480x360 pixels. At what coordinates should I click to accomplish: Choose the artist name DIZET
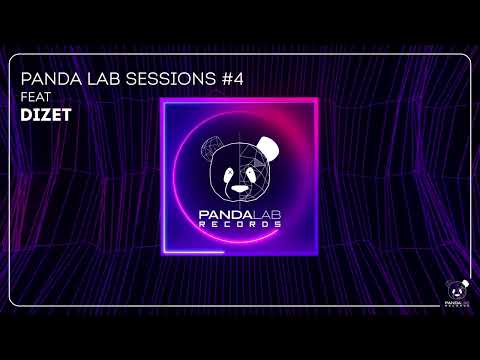pos(45,116)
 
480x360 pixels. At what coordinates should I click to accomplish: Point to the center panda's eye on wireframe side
pos(225,169)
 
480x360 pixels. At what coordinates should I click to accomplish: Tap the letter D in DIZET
pos(24,116)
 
